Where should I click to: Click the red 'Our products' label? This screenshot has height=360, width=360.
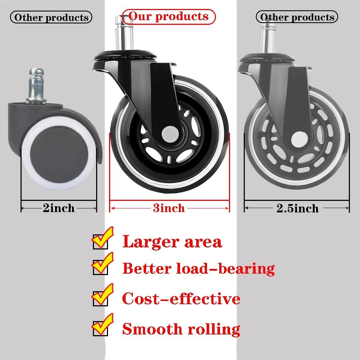click(x=168, y=17)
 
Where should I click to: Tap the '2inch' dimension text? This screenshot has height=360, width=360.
click(x=59, y=208)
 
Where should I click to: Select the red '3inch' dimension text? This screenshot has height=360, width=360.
click(x=169, y=208)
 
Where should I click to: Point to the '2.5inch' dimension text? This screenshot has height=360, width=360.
click(x=297, y=208)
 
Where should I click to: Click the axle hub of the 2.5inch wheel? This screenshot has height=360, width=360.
click(x=297, y=138)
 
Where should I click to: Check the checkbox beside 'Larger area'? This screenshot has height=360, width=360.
click(x=100, y=242)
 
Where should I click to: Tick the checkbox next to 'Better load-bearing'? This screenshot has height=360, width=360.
click(x=100, y=268)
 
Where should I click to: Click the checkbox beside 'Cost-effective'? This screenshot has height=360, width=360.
click(x=100, y=299)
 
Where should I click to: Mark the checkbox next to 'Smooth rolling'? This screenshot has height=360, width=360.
click(x=100, y=329)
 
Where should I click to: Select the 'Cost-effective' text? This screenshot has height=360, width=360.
click(x=181, y=299)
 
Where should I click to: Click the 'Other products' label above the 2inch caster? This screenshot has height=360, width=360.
click(x=51, y=17)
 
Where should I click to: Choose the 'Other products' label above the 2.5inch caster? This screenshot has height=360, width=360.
click(x=297, y=17)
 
